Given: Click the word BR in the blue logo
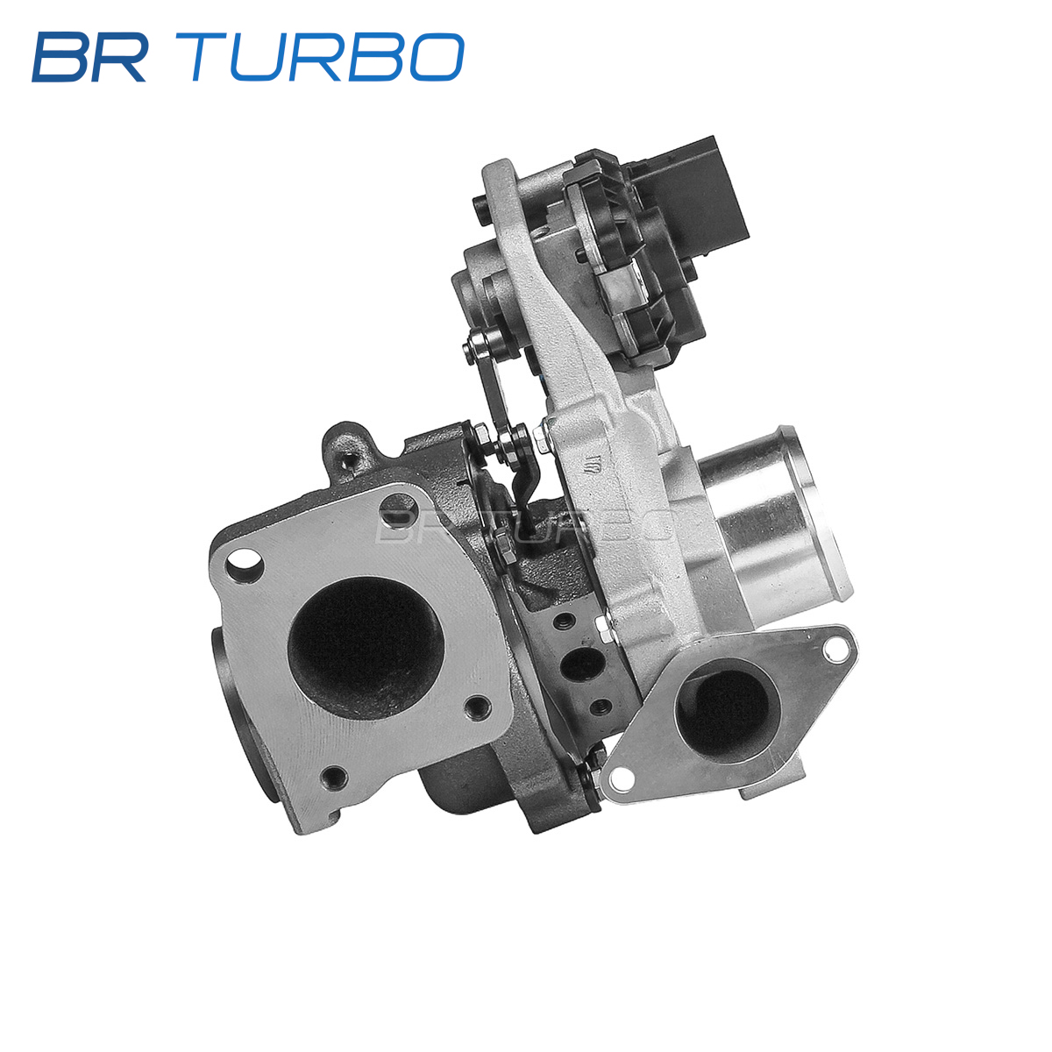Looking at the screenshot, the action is pyautogui.click(x=89, y=57).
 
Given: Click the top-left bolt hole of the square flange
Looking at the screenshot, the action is pyautogui.click(x=245, y=565).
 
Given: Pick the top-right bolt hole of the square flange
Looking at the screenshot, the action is pyautogui.click(x=400, y=507).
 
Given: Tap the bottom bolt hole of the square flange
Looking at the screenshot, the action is pyautogui.click(x=333, y=777).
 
